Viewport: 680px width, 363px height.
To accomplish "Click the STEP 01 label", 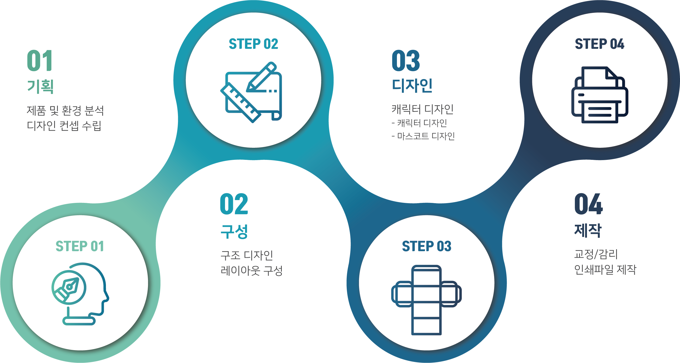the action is click(x=80, y=246).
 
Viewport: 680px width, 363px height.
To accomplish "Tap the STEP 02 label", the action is click(x=253, y=44).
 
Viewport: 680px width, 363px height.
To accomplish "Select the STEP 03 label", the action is click(x=427, y=246).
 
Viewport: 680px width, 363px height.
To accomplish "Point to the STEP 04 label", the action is click(x=600, y=44).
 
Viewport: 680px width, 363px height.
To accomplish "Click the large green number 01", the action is click(x=40, y=61).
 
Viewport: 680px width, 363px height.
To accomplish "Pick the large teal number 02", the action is click(x=234, y=204).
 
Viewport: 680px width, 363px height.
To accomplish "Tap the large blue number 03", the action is click(x=406, y=61).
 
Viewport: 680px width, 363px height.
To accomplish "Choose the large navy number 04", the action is click(x=589, y=204).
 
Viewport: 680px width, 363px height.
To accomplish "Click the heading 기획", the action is click(x=40, y=86).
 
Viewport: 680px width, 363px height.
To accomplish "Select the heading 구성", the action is click(x=234, y=232).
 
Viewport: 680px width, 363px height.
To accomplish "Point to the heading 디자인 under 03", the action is click(x=412, y=85).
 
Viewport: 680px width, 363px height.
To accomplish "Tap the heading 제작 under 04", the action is click(x=588, y=230).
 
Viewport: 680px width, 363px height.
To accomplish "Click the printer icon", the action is click(x=600, y=95).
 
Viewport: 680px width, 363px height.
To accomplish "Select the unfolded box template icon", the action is click(x=427, y=300).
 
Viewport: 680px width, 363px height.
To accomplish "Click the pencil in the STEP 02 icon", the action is click(x=261, y=77).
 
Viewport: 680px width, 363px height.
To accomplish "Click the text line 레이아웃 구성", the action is click(x=252, y=270).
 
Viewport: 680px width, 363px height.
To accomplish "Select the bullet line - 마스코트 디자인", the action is click(x=423, y=136).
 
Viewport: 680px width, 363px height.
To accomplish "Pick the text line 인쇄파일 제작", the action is click(x=605, y=269).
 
